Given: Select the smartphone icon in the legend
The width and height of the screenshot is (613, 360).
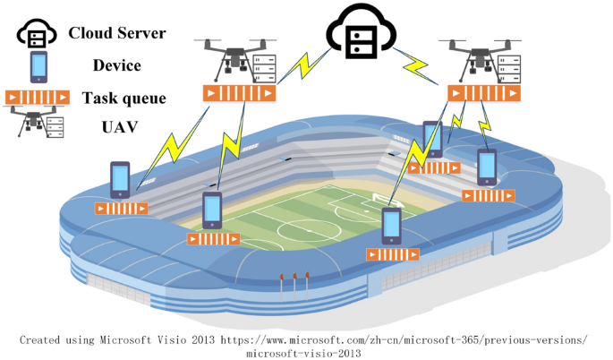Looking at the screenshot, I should (x=38, y=66).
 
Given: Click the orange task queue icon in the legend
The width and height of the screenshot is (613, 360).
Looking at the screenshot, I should (x=38, y=97).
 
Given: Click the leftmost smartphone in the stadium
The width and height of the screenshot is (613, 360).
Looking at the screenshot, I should (x=120, y=180).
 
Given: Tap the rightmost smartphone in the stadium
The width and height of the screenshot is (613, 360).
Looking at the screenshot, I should (x=487, y=167).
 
